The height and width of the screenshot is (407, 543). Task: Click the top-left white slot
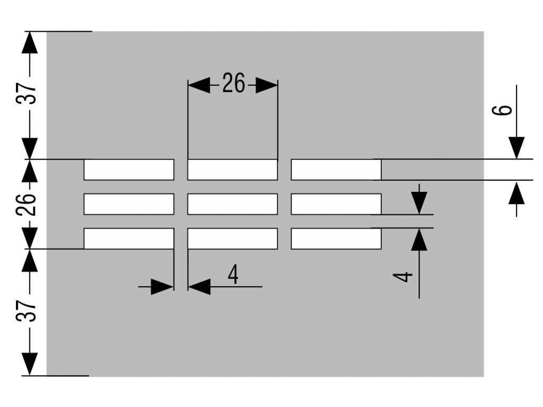pyautogui.click(x=129, y=170)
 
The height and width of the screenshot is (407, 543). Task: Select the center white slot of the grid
pyautogui.click(x=232, y=204)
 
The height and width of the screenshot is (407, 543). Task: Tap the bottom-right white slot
pyautogui.click(x=336, y=238)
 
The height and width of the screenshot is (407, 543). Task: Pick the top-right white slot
pyautogui.click(x=336, y=170)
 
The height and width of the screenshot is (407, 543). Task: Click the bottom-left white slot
pyautogui.click(x=129, y=238)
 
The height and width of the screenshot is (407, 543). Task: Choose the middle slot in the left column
pyautogui.click(x=129, y=204)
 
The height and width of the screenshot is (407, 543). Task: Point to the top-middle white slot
pyautogui.click(x=232, y=170)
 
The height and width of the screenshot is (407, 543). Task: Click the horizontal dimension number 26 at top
pyautogui.click(x=233, y=84)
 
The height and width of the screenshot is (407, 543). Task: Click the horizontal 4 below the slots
pyautogui.click(x=233, y=275)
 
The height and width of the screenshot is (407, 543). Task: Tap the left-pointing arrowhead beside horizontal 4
pyautogui.click(x=199, y=287)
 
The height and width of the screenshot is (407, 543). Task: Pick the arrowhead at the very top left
pyautogui.click(x=30, y=43)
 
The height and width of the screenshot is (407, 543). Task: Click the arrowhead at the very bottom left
pyautogui.click(x=30, y=364)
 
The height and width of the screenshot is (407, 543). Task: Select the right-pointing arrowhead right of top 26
pyautogui.click(x=266, y=85)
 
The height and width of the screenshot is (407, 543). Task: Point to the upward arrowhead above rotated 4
pyautogui.click(x=419, y=240)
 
